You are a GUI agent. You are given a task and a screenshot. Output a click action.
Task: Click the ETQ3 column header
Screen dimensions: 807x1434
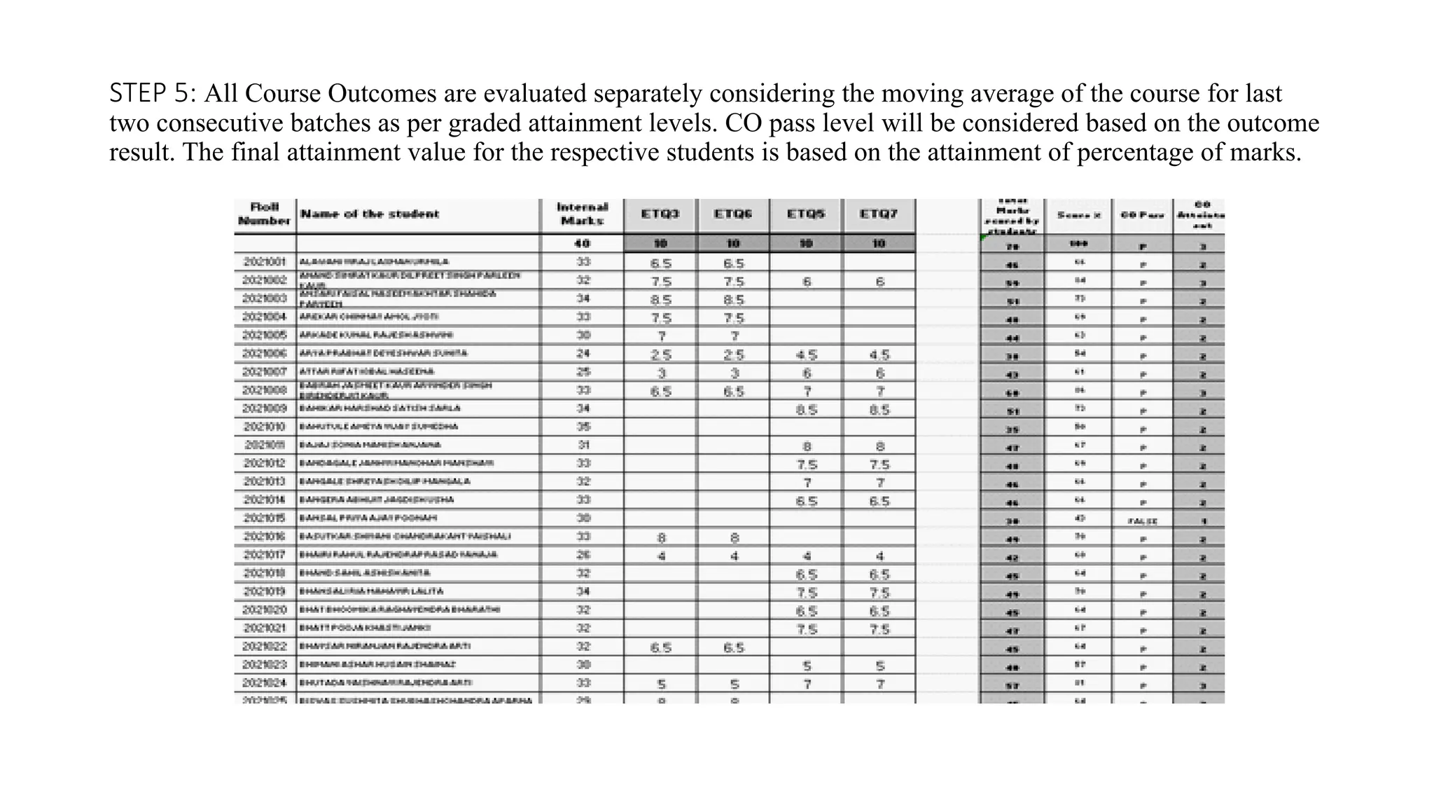point(660,214)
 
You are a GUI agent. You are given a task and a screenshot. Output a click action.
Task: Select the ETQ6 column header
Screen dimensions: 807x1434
point(732,214)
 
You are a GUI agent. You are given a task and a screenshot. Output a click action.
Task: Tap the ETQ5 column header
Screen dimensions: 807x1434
point(806,214)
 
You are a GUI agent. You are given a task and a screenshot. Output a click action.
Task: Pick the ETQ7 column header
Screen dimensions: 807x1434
point(879,214)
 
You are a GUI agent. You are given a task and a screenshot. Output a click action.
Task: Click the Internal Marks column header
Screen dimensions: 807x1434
point(582,214)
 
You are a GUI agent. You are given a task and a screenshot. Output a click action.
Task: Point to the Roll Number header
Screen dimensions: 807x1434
point(264,214)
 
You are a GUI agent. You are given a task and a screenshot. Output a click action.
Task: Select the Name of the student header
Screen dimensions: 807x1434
point(370,214)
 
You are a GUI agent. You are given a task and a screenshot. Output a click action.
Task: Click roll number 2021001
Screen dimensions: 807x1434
point(264,262)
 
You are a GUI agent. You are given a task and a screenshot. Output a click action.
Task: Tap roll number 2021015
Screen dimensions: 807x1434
point(264,518)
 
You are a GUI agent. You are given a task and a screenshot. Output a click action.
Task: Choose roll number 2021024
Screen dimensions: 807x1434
point(264,683)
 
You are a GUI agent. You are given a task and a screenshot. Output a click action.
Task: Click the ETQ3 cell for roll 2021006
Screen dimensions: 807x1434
point(661,355)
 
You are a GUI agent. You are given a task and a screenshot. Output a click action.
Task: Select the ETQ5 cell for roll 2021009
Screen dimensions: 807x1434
point(807,410)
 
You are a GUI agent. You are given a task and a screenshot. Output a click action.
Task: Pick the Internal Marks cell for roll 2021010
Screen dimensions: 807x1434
point(583,427)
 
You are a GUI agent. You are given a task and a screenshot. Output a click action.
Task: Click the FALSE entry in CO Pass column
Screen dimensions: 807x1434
point(1142,521)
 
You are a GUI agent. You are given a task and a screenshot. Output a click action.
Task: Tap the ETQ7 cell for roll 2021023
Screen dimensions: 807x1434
point(879,666)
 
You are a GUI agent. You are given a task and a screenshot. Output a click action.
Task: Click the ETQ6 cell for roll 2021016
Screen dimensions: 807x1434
point(734,538)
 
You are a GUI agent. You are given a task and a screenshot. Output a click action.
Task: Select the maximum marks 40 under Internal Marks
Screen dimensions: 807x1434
point(582,244)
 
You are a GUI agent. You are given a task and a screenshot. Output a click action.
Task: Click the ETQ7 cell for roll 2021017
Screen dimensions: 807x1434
point(879,556)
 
